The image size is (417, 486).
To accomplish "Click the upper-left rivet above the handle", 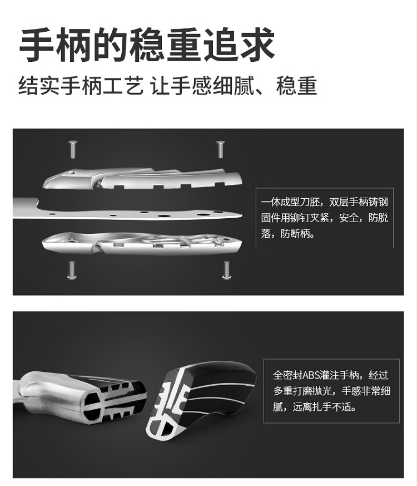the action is (73, 149).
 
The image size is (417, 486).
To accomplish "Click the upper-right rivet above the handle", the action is (220, 149).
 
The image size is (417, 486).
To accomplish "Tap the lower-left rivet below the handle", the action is (72, 270).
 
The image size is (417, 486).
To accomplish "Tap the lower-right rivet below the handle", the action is (226, 270).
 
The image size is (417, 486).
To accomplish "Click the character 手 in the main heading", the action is (37, 45).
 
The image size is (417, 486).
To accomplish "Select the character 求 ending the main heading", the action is (257, 45).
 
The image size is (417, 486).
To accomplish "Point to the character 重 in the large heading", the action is (185, 45).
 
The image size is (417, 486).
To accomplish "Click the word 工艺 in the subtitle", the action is (123, 86).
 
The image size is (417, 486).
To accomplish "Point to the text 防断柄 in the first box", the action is (295, 233).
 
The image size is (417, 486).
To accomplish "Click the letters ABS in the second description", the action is (311, 375).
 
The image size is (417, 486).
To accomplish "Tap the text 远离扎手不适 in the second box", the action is (322, 406).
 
